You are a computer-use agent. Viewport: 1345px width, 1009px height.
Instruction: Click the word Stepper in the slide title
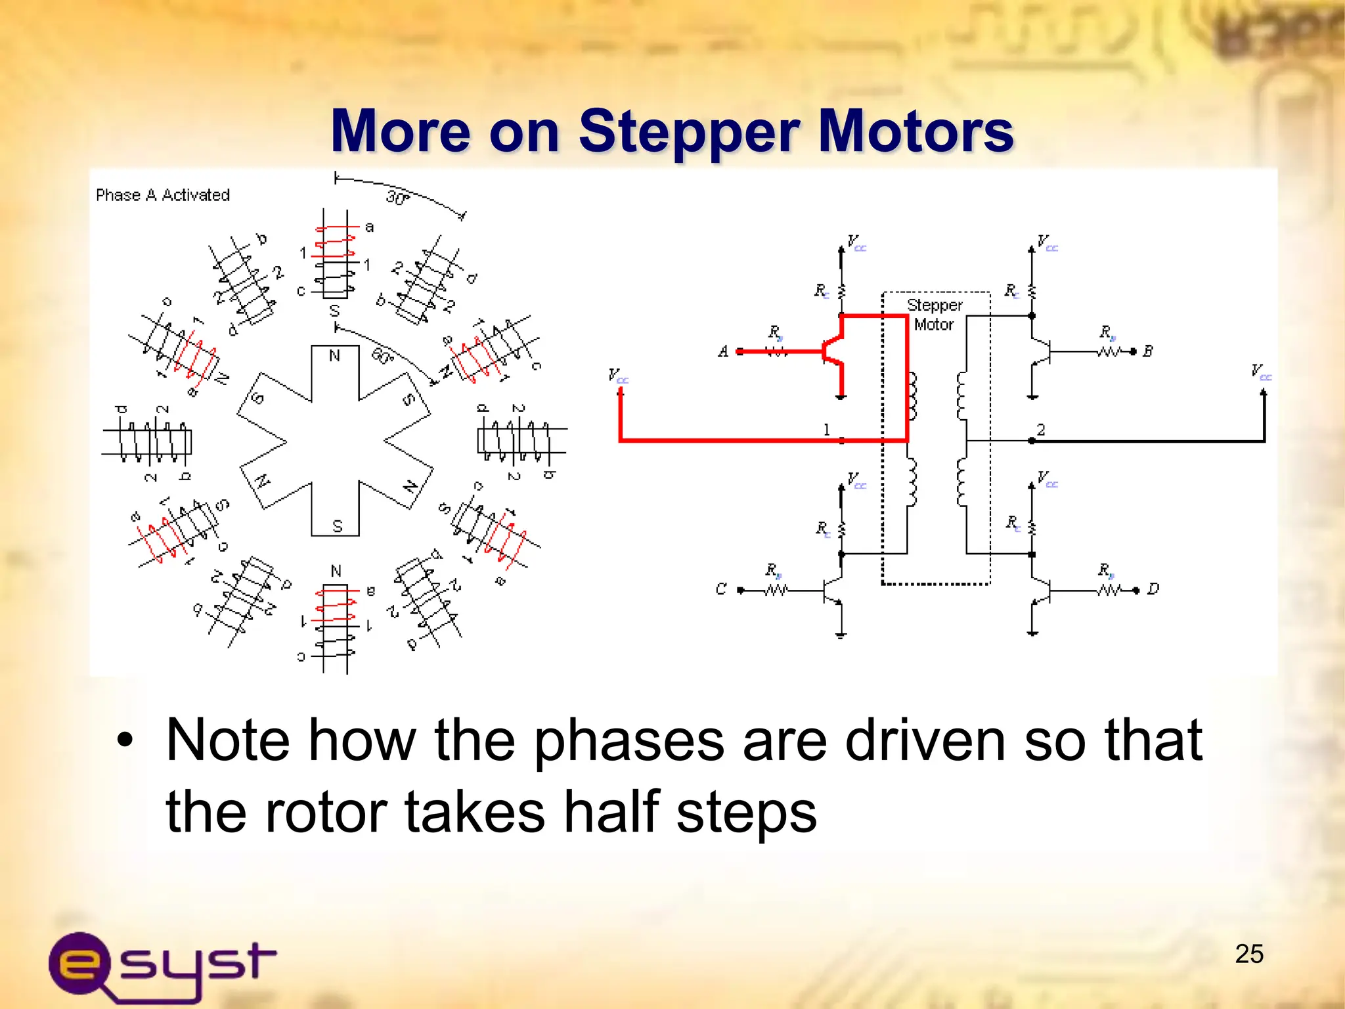688,131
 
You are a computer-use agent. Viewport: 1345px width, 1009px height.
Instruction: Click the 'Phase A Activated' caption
163,195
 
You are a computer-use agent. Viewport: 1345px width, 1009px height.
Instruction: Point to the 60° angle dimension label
382,355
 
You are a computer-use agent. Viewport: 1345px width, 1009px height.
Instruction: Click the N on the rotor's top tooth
334,356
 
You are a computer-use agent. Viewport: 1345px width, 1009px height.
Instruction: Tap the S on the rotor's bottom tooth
337,526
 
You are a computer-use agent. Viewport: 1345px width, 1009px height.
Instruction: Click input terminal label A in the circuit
723,351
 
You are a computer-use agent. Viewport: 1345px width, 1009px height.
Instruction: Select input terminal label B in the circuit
1147,351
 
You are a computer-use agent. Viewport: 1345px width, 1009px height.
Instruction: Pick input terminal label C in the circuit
721,589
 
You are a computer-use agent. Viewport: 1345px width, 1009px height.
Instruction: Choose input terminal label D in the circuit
1153,589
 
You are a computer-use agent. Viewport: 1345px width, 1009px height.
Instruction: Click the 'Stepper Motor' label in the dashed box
934,315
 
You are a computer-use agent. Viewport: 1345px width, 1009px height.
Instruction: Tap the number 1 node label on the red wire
826,430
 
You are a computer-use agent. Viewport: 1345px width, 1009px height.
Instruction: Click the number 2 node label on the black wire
1040,430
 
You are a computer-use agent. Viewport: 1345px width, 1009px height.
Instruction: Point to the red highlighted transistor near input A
833,351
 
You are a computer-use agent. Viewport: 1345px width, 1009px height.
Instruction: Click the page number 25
1248,954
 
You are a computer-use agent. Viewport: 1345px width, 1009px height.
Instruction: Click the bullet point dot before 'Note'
125,741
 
